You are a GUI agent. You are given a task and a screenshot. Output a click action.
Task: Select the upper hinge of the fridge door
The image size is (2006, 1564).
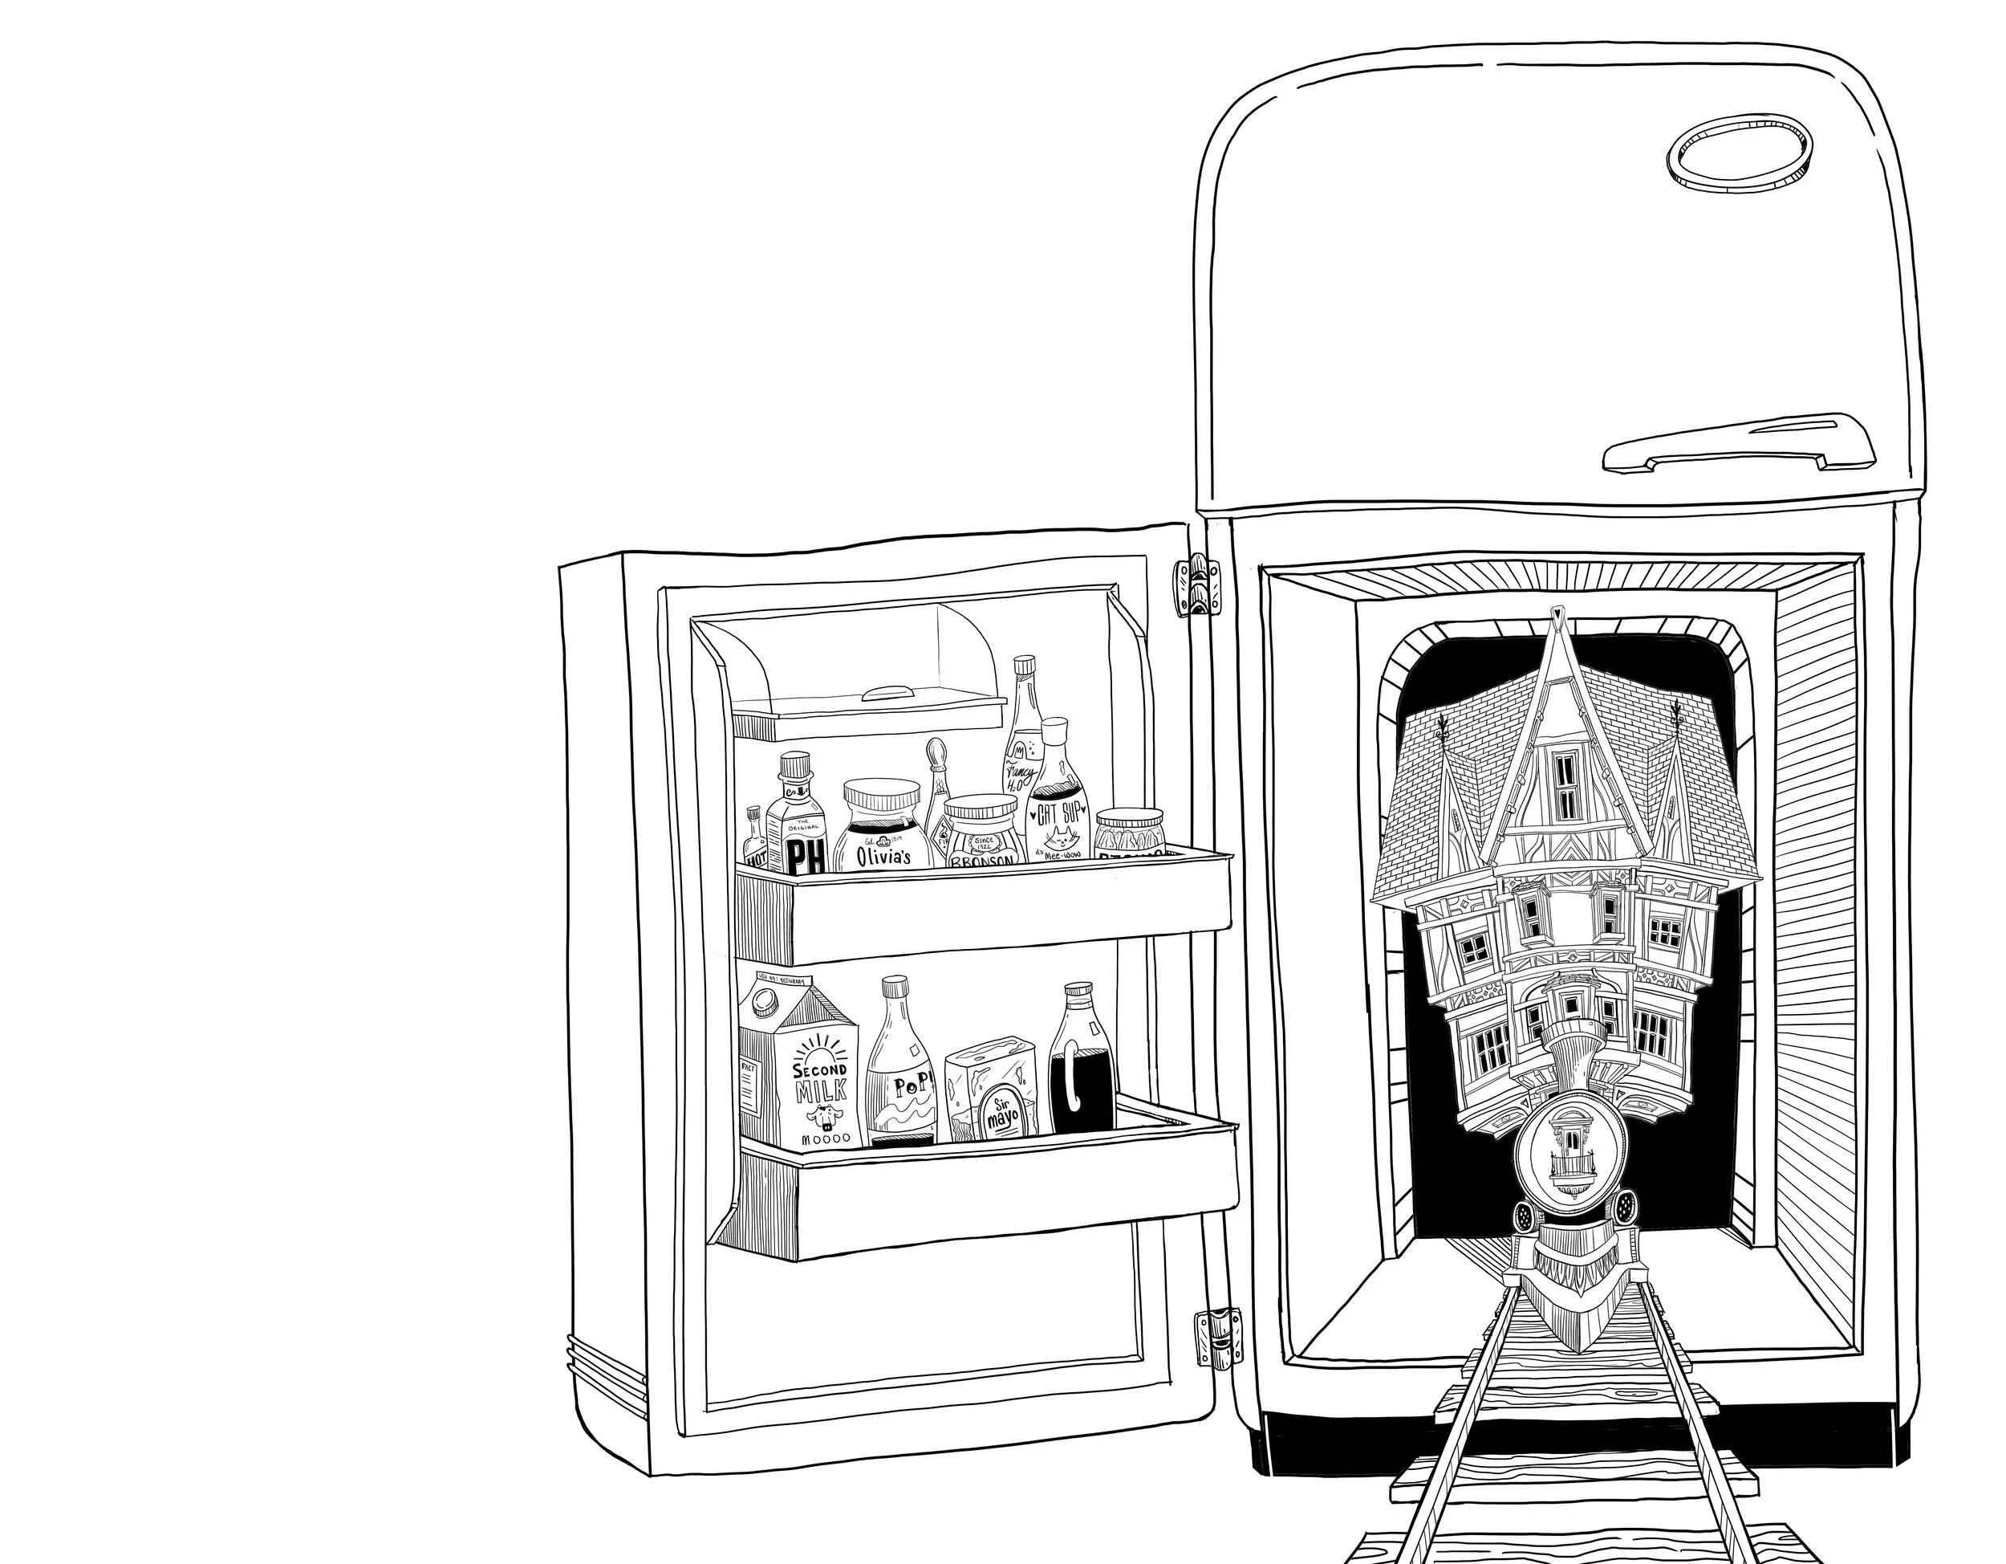1198,585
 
